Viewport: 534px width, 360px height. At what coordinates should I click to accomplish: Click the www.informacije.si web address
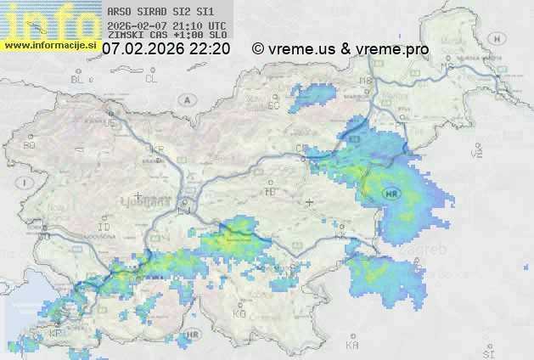[50, 45]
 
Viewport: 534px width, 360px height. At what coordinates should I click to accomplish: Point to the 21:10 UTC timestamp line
[167, 25]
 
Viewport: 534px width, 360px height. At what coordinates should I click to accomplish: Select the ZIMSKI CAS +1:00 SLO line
[167, 36]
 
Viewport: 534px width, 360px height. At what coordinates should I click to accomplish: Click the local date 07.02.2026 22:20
[166, 49]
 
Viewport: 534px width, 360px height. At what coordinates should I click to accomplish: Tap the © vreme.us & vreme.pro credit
[340, 49]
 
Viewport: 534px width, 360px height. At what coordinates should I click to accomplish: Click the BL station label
[79, 79]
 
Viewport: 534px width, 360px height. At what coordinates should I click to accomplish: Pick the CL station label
[151, 79]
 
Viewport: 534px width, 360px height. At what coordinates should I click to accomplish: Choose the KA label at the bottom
[352, 346]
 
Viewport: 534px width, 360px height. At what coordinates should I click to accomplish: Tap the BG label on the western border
[30, 145]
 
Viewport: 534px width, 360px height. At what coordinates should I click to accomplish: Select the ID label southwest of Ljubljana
[104, 228]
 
